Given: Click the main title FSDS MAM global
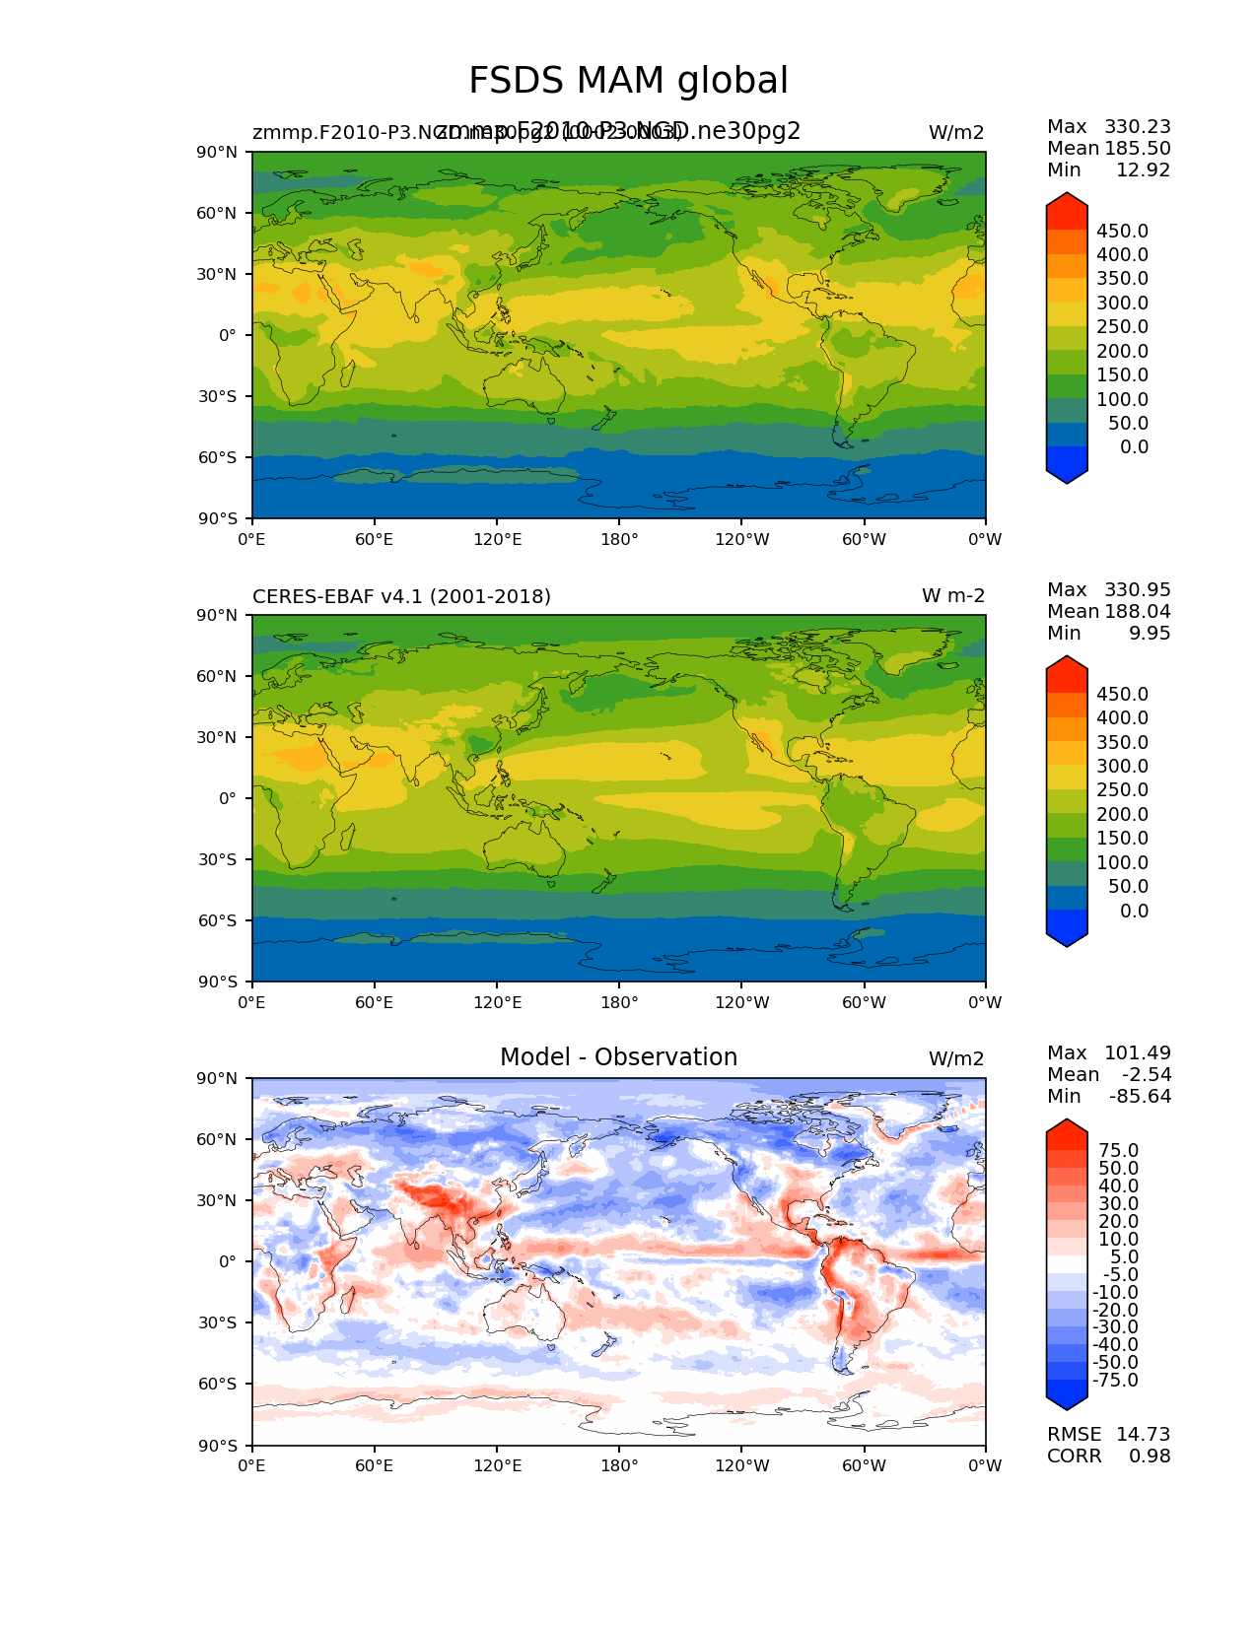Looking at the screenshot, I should click(628, 81).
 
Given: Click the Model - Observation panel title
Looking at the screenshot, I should click(618, 1057).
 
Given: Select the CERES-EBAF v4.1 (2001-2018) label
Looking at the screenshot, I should click(401, 596).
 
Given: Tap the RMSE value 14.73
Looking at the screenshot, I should click(1143, 1434).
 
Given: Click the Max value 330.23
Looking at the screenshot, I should click(1137, 126).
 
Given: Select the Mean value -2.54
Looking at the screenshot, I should click(1146, 1074).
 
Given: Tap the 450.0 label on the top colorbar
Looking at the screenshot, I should click(1122, 231).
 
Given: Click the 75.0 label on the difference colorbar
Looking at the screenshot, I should click(1118, 1150).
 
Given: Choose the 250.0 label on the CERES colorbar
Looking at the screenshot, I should click(1122, 789).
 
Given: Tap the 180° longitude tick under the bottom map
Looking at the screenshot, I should click(619, 1465).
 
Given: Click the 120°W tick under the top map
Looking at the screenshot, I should click(742, 539).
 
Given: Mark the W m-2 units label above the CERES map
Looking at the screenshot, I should click(952, 596).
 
